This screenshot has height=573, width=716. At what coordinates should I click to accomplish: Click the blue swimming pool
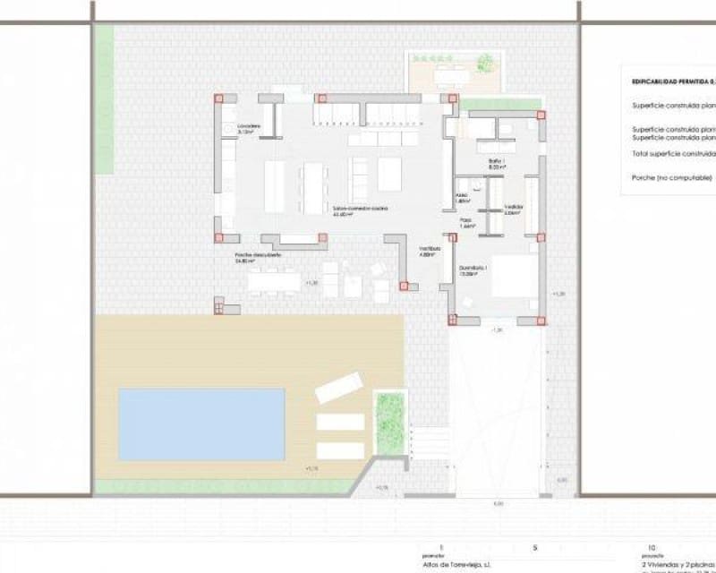point(201,423)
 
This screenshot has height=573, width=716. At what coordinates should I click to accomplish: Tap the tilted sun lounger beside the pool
point(338,388)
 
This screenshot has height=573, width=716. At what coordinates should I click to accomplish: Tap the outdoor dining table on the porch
point(274,282)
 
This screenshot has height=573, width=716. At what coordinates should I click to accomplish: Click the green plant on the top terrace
point(484,63)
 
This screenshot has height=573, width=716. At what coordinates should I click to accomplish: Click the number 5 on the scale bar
point(535,545)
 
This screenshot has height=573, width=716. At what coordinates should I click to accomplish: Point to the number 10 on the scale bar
point(651,545)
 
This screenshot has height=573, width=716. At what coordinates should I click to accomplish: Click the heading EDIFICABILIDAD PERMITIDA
point(672,81)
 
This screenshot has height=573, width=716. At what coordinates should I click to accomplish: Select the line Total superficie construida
point(672,154)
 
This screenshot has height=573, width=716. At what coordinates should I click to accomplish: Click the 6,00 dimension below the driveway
point(498,503)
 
